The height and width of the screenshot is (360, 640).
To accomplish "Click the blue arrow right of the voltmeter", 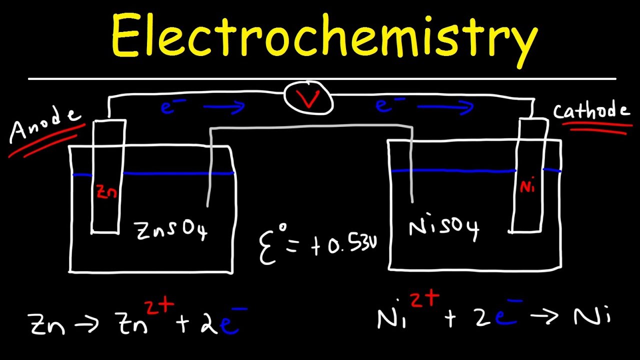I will [x=445, y=106].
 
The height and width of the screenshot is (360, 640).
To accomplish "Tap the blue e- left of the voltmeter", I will [x=168, y=106].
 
